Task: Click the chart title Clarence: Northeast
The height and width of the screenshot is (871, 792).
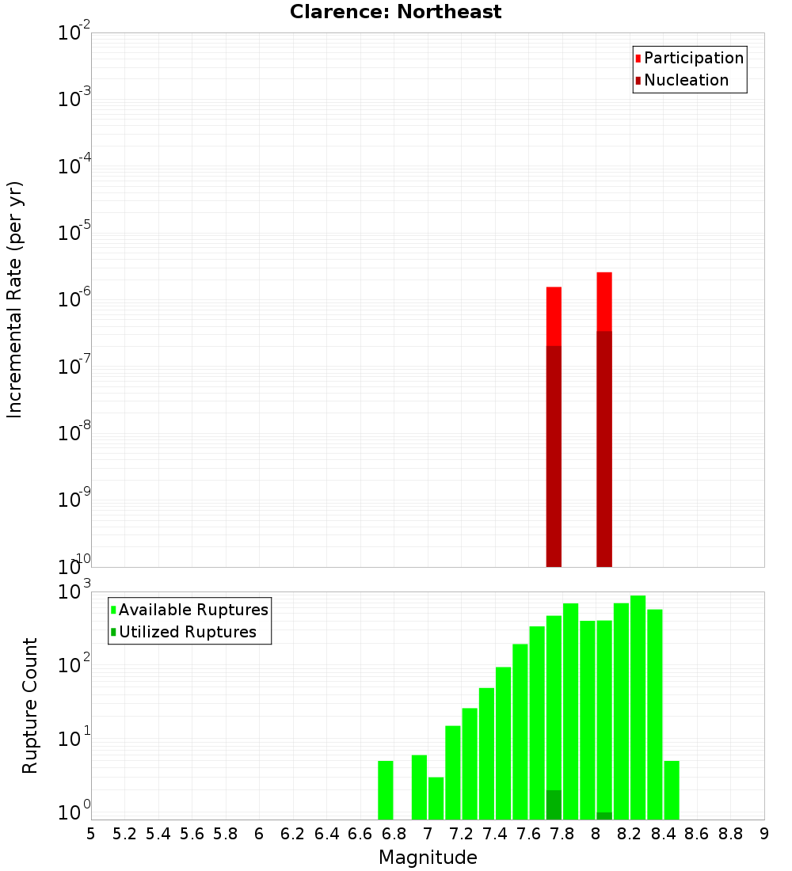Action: click(395, 12)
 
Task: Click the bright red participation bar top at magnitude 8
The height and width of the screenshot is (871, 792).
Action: click(604, 301)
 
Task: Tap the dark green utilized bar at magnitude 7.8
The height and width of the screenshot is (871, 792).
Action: click(554, 804)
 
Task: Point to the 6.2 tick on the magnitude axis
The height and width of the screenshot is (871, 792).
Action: click(293, 834)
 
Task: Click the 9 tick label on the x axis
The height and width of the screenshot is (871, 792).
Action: click(764, 834)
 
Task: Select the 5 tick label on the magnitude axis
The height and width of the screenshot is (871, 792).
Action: click(91, 834)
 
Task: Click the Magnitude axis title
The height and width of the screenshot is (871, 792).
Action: click(428, 858)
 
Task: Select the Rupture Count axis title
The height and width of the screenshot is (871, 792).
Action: click(30, 706)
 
